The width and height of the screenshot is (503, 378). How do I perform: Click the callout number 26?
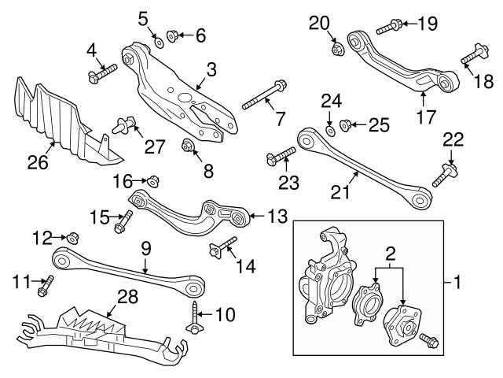tap(37, 162)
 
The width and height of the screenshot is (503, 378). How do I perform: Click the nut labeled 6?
tap(174, 35)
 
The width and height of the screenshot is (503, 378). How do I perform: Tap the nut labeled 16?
tap(154, 180)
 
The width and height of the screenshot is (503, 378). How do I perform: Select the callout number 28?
tap(127, 297)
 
